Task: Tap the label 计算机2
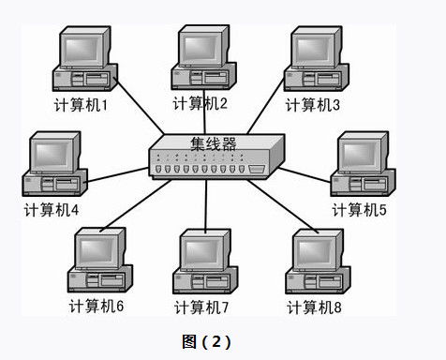(x=200, y=102)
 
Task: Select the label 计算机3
(x=313, y=103)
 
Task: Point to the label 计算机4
(x=51, y=209)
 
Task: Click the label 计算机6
(x=97, y=307)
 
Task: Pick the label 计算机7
(x=203, y=307)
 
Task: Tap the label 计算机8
(x=315, y=307)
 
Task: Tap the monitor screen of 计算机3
(x=313, y=46)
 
